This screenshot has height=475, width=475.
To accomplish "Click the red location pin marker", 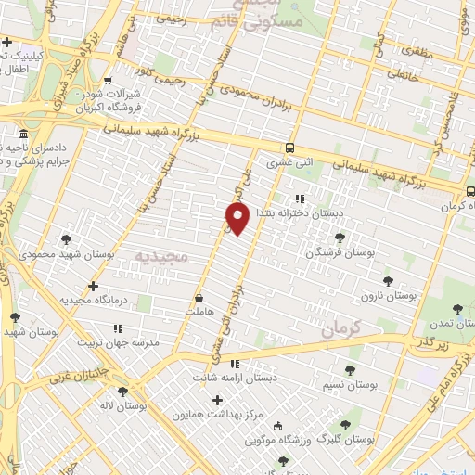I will click(237, 218).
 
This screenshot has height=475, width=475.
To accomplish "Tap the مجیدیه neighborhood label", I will click(161, 254).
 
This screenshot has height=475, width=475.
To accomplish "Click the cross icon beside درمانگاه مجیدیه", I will click(92, 286).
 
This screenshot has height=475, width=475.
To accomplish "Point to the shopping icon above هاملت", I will click(199, 299).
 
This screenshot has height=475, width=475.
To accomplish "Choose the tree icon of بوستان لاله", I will click(124, 392).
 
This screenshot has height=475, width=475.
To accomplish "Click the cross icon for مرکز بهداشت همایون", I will click(218, 401).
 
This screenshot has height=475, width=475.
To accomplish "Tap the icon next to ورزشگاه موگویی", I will click(277, 426).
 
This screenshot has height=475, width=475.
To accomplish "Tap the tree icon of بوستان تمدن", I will click(456, 310).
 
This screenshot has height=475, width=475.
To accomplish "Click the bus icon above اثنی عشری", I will click(290, 148).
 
